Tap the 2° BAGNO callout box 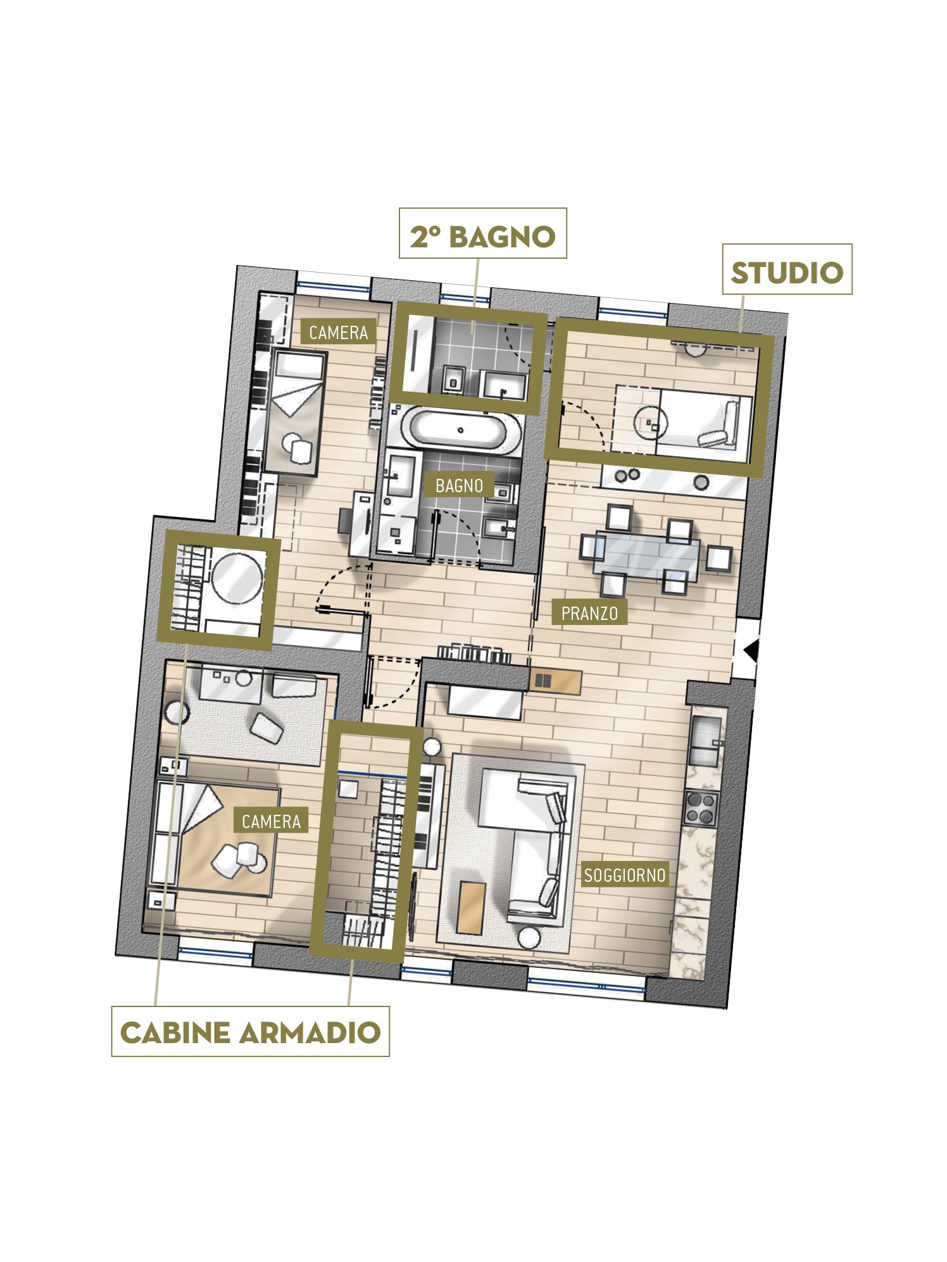[x=482, y=233]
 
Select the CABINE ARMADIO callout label [x=250, y=1032]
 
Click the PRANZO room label [x=589, y=613]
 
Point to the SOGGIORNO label [x=624, y=875]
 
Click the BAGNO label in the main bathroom [x=459, y=485]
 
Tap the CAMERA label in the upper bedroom [x=338, y=332]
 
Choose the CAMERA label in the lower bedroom [x=271, y=821]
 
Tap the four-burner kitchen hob [x=700, y=807]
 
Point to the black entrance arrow [x=751, y=650]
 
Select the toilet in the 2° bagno [x=452, y=379]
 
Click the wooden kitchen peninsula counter [x=555, y=681]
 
